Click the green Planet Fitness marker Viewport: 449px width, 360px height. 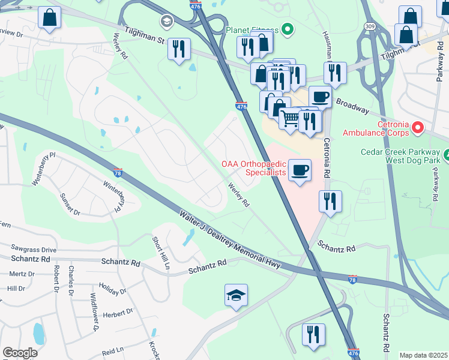pos(287,29)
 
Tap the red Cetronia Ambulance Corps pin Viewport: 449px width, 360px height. pos(418,127)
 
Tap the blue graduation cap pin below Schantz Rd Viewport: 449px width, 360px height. pos(236,295)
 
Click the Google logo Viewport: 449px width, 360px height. pos(20,353)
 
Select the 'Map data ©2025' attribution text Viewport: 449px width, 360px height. pos(423,355)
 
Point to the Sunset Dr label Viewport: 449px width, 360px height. pos(70,205)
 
